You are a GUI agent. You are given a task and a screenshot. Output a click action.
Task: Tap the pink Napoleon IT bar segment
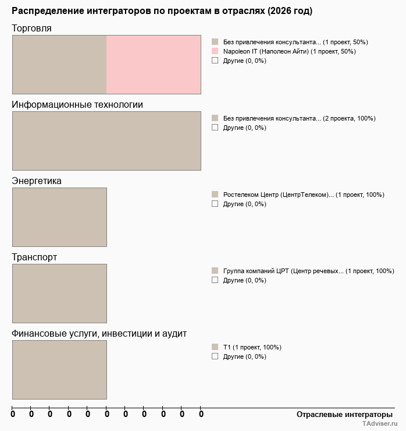click(154, 64)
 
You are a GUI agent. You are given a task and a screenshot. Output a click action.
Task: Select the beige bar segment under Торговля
click(59, 64)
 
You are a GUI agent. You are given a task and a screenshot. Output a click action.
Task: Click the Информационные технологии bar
click(106, 140)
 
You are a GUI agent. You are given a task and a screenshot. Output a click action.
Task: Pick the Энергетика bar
click(59, 217)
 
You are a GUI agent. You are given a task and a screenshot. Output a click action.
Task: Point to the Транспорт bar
click(59, 293)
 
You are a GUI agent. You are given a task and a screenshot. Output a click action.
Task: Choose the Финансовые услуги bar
click(59, 369)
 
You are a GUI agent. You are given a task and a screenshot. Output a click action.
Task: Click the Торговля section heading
click(31, 29)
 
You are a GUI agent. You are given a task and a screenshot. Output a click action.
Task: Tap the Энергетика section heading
click(37, 181)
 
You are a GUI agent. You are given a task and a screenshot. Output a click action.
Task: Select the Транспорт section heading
click(34, 257)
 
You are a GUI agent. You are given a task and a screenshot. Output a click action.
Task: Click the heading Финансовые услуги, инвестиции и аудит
click(99, 334)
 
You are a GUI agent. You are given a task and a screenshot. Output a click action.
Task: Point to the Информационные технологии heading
click(77, 105)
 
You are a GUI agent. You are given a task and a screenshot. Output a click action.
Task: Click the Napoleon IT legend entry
click(289, 51)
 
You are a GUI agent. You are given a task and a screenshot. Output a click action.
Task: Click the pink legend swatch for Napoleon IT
click(215, 51)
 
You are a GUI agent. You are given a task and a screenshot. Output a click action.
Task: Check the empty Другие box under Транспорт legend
click(215, 280)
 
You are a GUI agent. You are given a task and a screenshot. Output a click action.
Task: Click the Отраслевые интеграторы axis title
click(344, 414)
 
